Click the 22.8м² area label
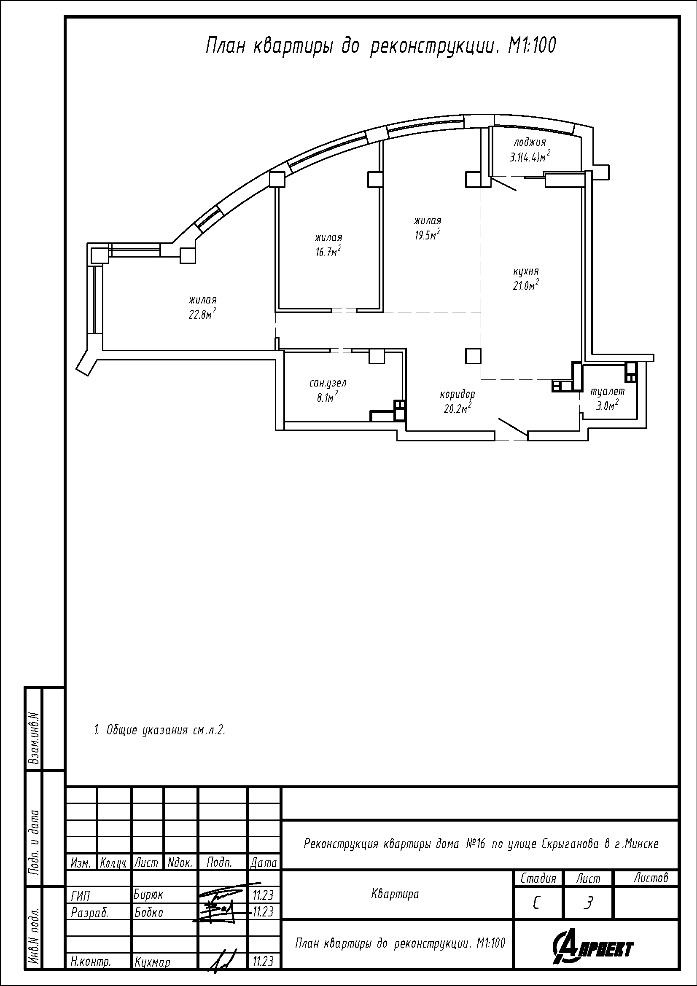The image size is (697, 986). [x=202, y=314]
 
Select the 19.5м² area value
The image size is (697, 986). [x=427, y=235]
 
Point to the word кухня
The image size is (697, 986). [x=526, y=271]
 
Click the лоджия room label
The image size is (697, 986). [x=530, y=142]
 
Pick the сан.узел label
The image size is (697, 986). [x=328, y=383]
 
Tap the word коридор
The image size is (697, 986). [x=457, y=394]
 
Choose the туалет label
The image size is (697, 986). [x=607, y=392]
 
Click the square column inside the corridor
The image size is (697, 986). [x=473, y=356]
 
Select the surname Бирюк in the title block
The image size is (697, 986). [x=148, y=895]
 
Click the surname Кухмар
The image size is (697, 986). [x=152, y=962]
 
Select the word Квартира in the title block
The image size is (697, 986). [x=395, y=895]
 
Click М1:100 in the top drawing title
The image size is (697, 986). [x=532, y=46]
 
